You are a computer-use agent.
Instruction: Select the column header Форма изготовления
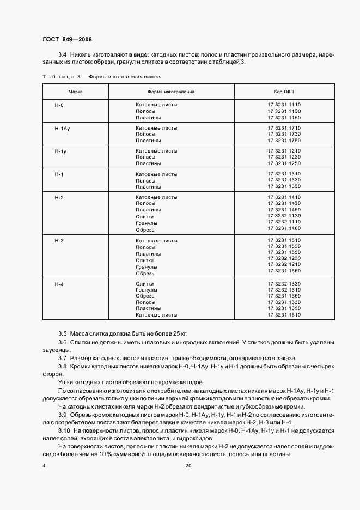tap(171, 92)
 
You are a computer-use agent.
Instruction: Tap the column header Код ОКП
tap(284, 92)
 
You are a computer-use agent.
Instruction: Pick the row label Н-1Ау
tap(62, 127)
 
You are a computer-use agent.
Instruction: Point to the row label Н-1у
tap(60, 151)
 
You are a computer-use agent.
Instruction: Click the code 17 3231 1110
tap(284, 105)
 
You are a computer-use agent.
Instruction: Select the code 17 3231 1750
tap(284, 141)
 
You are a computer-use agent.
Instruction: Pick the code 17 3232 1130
tap(284, 216)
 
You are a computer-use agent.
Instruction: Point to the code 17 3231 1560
tap(284, 271)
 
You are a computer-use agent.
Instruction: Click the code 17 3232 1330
tap(284, 284)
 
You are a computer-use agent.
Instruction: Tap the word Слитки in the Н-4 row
tap(145, 284)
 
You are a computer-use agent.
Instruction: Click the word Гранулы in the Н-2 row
tap(147, 223)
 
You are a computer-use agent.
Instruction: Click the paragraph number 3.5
tap(62, 333)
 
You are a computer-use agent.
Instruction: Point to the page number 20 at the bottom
tap(188, 466)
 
